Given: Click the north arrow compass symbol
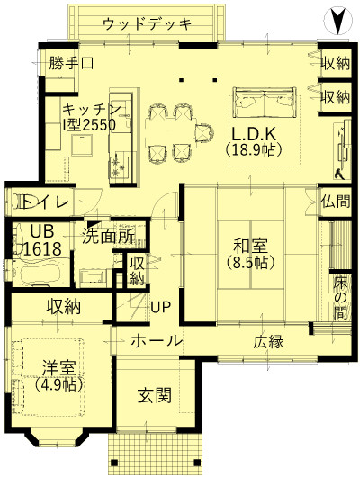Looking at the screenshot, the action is (338, 21).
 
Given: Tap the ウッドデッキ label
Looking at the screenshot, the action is (148, 23).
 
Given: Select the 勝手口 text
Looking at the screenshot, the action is (71, 63).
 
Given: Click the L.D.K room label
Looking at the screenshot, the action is (254, 133).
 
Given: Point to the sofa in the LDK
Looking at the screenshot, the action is (265, 103).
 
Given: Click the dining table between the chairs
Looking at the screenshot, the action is (170, 133).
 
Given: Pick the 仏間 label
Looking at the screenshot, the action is (336, 201).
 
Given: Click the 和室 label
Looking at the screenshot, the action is (250, 246).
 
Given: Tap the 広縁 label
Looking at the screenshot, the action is (268, 341).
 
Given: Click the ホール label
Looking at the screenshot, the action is (156, 340).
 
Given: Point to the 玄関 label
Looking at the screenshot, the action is (155, 395).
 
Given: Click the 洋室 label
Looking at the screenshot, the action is (58, 367).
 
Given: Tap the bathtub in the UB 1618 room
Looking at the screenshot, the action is (40, 272).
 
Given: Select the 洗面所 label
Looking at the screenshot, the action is (109, 237).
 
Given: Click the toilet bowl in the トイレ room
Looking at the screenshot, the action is (19, 202).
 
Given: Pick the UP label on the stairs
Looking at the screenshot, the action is (161, 307).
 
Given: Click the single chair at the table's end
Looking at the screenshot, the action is (204, 133).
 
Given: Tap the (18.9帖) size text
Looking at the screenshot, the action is (254, 149).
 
